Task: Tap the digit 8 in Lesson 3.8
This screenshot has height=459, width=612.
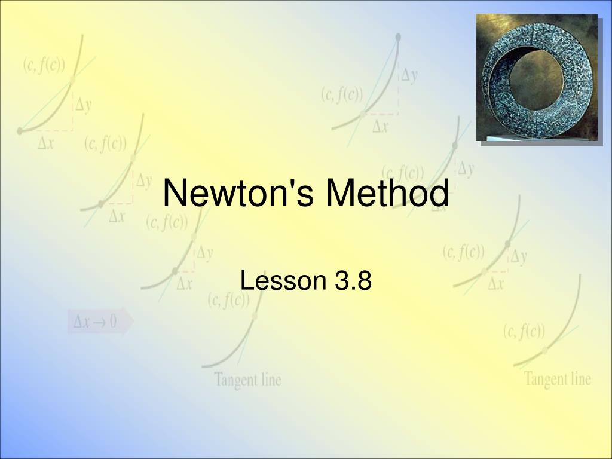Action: pyautogui.click(x=365, y=280)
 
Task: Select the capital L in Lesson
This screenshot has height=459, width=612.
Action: pyautogui.click(x=246, y=280)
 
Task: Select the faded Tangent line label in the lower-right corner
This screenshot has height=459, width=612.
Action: pyautogui.click(x=558, y=378)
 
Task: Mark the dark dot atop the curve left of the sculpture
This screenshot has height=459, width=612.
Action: pyautogui.click(x=398, y=37)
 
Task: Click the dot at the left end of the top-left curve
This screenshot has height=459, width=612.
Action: pyautogui.click(x=20, y=130)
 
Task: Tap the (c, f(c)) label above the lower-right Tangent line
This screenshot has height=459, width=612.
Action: pyautogui.click(x=524, y=331)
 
